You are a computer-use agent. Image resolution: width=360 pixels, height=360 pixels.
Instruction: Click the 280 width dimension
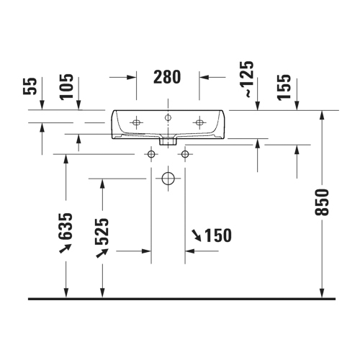167,76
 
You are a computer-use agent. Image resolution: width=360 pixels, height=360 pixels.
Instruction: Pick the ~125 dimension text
248,79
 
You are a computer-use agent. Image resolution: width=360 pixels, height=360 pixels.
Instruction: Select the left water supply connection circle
151,154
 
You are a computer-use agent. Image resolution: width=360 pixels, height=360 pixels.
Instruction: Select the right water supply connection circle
185,154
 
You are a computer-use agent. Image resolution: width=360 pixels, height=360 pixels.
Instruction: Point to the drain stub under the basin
168,142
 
